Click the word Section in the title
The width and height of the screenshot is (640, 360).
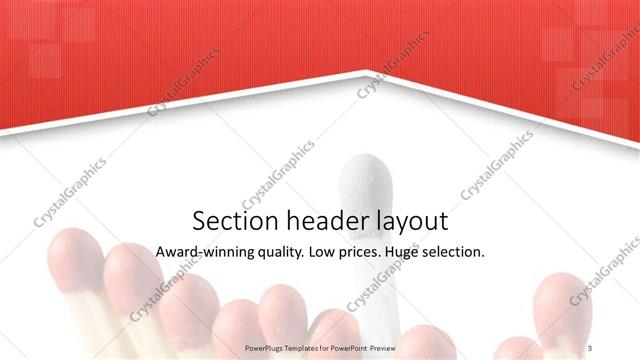(228, 221)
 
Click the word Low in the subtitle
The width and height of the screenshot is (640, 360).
(324, 252)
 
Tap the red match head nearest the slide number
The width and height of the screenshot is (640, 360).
(562, 305)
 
